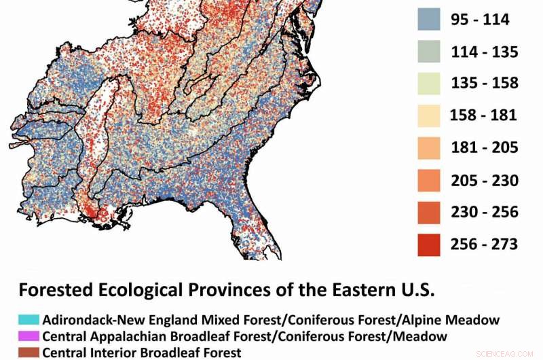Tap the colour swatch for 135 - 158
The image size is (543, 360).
(428, 83)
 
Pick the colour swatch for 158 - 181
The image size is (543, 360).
(428, 115)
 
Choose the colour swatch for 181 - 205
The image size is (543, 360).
(428, 147)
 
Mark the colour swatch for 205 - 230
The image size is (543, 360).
(428, 180)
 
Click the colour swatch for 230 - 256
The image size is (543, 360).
(428, 212)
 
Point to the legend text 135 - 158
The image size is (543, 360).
(484, 84)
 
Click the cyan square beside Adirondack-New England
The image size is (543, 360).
(24, 319)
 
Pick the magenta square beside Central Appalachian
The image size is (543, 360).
(24, 336)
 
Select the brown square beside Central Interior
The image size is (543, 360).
(24, 353)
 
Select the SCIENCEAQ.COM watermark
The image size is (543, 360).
(506, 354)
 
